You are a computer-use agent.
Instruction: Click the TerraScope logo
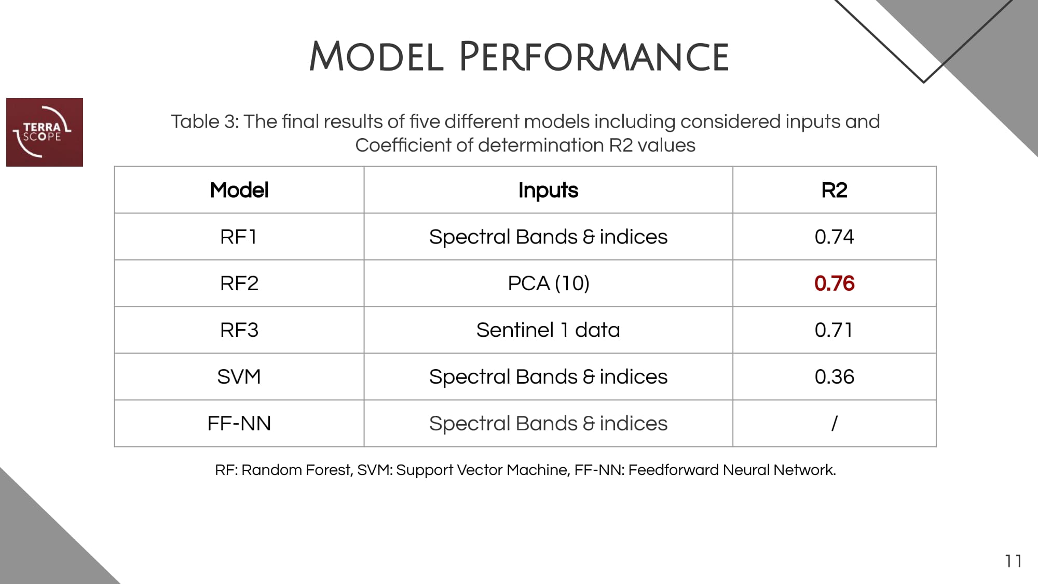[45, 132]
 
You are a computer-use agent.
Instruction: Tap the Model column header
[239, 190]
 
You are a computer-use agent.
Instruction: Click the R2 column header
[834, 190]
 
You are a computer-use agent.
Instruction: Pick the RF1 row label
[239, 237]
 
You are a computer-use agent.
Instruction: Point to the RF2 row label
[239, 283]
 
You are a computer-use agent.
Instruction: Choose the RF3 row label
[239, 330]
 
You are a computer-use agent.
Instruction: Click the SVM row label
[239, 377]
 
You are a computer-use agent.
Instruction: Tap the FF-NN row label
[239, 424]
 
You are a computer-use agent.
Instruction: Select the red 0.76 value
[834, 283]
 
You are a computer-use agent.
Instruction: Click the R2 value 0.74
[834, 237]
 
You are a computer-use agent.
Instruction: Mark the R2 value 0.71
[834, 330]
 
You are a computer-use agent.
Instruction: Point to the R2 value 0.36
[834, 377]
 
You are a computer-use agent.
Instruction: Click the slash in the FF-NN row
[834, 424]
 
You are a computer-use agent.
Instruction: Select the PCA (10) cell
[549, 283]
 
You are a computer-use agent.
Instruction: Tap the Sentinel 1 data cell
[548, 330]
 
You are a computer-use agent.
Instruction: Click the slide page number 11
[1013, 561]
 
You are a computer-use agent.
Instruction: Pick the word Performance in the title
[594, 57]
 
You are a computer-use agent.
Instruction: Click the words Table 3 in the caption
[203, 121]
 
